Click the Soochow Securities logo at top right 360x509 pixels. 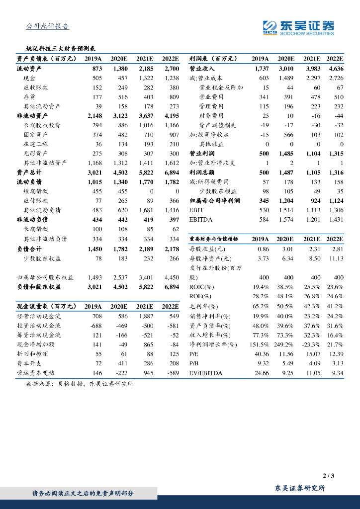298,27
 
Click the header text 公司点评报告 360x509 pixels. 47,26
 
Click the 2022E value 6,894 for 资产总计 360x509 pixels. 171,172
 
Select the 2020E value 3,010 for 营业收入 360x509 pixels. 286,69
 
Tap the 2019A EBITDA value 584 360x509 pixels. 262,220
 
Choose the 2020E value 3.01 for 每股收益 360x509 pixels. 287,249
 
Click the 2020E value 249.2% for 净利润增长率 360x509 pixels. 285,344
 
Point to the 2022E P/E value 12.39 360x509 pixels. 336,354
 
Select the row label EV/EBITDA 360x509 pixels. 206,373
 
